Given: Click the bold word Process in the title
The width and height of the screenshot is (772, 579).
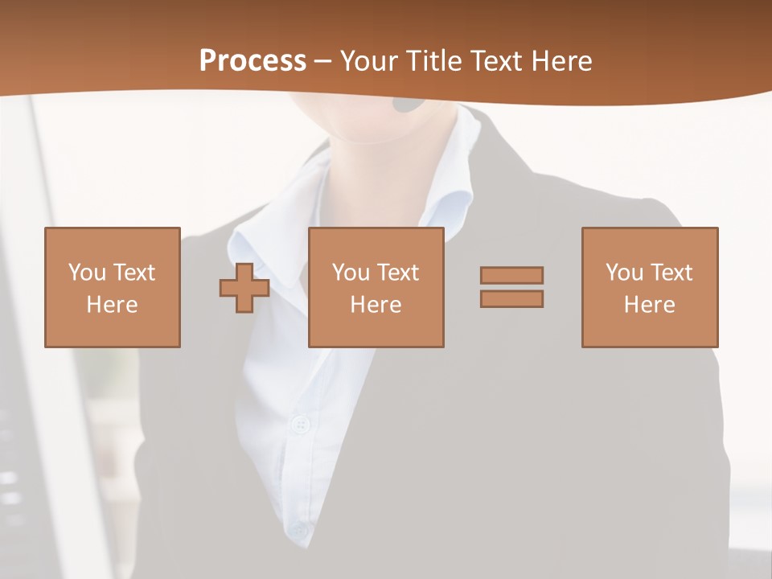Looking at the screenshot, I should pyautogui.click(x=253, y=61).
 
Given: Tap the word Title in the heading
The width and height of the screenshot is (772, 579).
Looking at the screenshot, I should pyautogui.click(x=434, y=61).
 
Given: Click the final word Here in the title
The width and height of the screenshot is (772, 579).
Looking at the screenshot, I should pyautogui.click(x=561, y=61).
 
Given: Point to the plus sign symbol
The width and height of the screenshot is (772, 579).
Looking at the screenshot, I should pyautogui.click(x=244, y=287).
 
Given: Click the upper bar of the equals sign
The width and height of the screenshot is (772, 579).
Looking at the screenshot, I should pyautogui.click(x=511, y=275).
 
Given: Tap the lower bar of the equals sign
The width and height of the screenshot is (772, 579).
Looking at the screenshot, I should pyautogui.click(x=511, y=298).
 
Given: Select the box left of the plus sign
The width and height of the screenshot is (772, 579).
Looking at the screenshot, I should pyautogui.click(x=113, y=287).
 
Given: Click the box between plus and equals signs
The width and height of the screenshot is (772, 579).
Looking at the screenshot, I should pyautogui.click(x=376, y=287).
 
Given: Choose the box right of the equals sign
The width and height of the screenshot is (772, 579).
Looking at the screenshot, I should pyautogui.click(x=650, y=287).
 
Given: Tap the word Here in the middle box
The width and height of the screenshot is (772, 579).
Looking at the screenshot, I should pyautogui.click(x=376, y=305).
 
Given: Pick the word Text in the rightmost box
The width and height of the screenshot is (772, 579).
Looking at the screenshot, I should pyautogui.click(x=671, y=273).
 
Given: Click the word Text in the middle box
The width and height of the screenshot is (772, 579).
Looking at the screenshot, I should pyautogui.click(x=397, y=273).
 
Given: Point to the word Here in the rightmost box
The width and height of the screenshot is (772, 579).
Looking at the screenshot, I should pyautogui.click(x=650, y=305).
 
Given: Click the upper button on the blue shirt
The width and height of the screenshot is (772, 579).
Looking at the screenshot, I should pyautogui.click(x=302, y=424).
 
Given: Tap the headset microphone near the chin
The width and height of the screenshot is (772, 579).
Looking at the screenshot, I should pyautogui.click(x=409, y=104).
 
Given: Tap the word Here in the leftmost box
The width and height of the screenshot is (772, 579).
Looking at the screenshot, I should pyautogui.click(x=113, y=305).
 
